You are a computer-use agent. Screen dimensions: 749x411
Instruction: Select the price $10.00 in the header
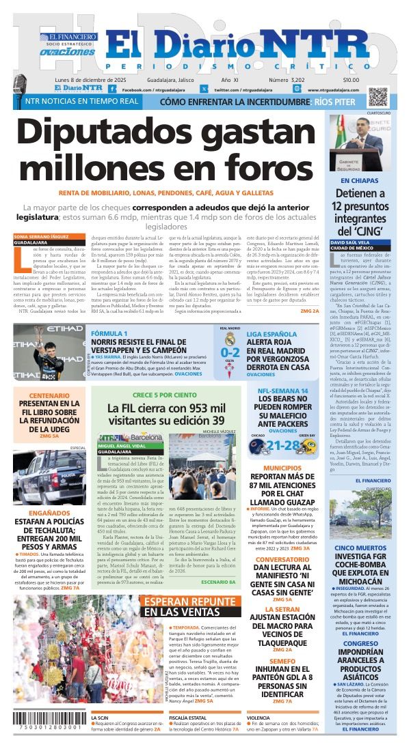click(x=350, y=79)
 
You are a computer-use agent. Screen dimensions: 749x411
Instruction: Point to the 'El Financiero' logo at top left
click(x=68, y=37)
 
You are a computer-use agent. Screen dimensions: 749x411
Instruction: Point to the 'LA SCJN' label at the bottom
click(x=101, y=718)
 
